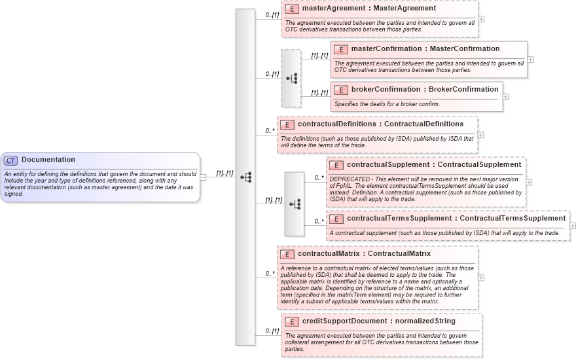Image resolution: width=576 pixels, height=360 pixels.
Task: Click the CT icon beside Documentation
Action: point(11,160)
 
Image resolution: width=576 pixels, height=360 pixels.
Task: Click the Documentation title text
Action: point(48,160)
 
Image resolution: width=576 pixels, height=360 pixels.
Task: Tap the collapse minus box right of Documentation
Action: point(204,176)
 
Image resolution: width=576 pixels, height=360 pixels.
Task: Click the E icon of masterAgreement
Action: point(292,9)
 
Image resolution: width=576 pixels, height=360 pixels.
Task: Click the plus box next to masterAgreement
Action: point(482,18)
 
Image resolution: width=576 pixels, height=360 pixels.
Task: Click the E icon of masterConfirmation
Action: point(341,50)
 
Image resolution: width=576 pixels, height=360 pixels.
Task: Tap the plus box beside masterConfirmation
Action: point(530,60)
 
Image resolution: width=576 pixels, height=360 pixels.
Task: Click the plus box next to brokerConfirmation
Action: point(506,97)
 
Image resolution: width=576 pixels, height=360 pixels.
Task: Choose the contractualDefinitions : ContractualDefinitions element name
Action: point(380,124)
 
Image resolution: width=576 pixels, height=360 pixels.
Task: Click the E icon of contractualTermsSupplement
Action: point(336,219)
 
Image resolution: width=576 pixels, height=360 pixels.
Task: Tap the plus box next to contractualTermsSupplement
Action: point(573,225)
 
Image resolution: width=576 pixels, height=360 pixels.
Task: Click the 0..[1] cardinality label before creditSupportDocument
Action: point(272,331)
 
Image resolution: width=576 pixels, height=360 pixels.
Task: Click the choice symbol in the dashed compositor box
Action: point(291,78)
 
